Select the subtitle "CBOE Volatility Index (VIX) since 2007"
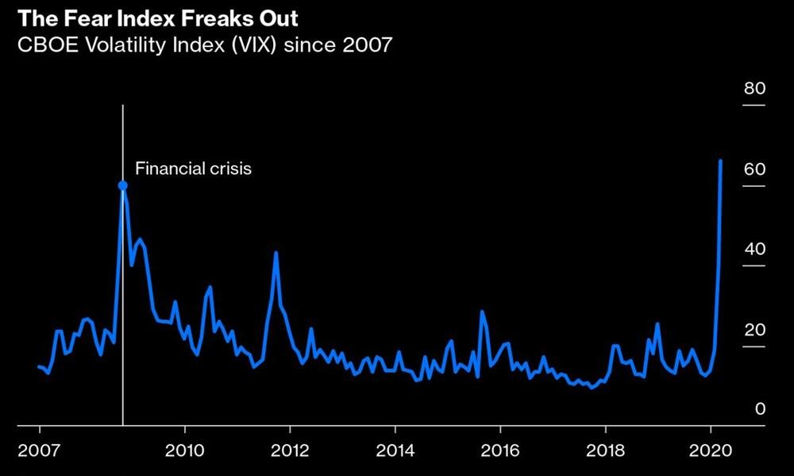pos(205,45)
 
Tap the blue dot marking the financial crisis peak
pos(123,185)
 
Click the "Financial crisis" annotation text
pos(193,168)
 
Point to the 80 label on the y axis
pos(754,89)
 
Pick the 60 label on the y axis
pos(754,170)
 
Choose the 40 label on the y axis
pos(754,250)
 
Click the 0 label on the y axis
pos(760,409)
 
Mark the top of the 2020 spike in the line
pos(720,161)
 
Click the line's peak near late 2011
pos(276,253)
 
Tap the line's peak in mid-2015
pos(481,312)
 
